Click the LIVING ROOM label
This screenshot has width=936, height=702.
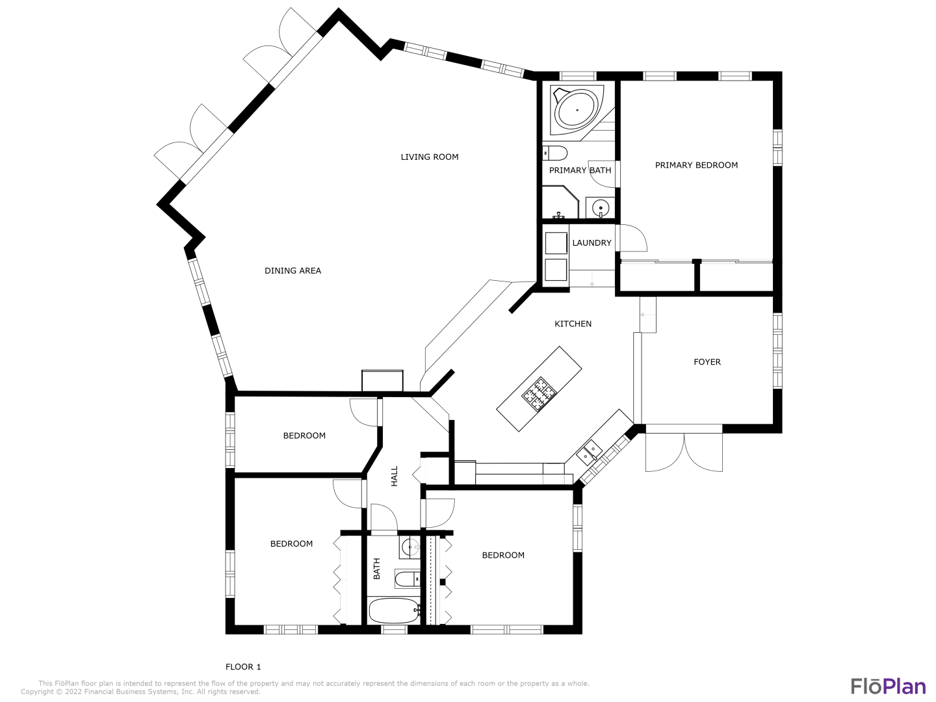coord(430,157)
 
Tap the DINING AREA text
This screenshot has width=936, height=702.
coord(292,270)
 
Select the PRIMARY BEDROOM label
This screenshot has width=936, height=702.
coord(696,165)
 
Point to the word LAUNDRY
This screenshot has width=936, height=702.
coord(592,242)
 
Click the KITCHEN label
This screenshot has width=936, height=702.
coord(573,324)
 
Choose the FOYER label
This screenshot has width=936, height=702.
coord(707,362)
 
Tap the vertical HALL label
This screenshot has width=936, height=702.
coord(395,476)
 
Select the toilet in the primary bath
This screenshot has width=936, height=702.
coord(554,153)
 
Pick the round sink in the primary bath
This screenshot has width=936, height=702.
coord(601,208)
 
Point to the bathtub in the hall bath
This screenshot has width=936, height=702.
coord(395,611)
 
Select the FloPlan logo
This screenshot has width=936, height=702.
coord(889,686)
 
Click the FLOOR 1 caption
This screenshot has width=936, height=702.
coord(243,667)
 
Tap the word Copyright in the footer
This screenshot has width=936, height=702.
coord(38,692)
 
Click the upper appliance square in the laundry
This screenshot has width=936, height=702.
coord(556,243)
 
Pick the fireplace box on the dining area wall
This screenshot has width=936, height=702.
coord(382,381)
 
